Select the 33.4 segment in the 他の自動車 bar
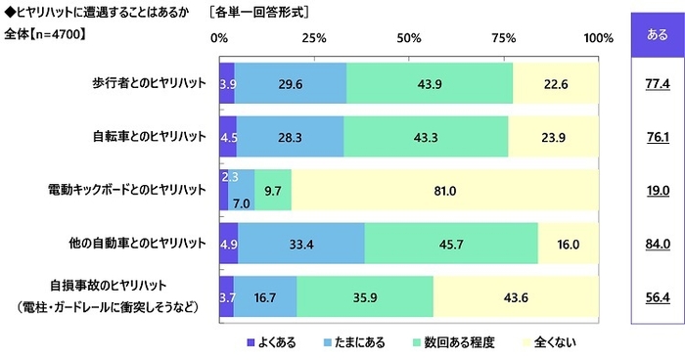301,243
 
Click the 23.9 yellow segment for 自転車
553,136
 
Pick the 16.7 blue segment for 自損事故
265,296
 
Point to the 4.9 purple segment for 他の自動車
228,243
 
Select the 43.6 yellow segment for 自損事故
516,296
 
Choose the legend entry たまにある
357,343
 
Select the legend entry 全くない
556,343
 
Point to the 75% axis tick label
503,37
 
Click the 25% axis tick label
313,37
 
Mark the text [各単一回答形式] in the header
269,13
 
